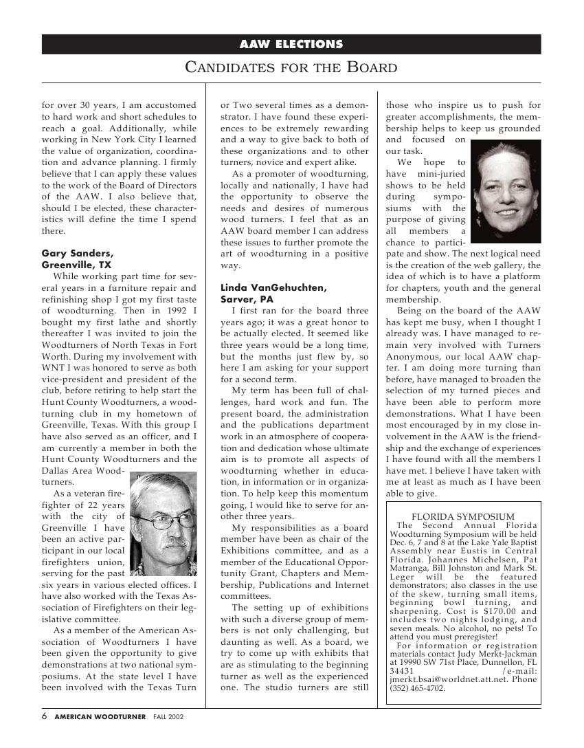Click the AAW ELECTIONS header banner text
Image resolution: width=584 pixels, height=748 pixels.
[291, 45]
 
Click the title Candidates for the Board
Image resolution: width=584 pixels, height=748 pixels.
[291, 67]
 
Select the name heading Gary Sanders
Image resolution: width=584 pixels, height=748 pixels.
[78, 253]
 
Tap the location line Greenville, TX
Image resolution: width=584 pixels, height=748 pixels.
[76, 265]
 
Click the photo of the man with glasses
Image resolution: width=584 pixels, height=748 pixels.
[163, 523]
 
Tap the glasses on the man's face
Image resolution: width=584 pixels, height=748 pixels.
[163, 522]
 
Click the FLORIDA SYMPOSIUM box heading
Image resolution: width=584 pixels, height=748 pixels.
[462, 516]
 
